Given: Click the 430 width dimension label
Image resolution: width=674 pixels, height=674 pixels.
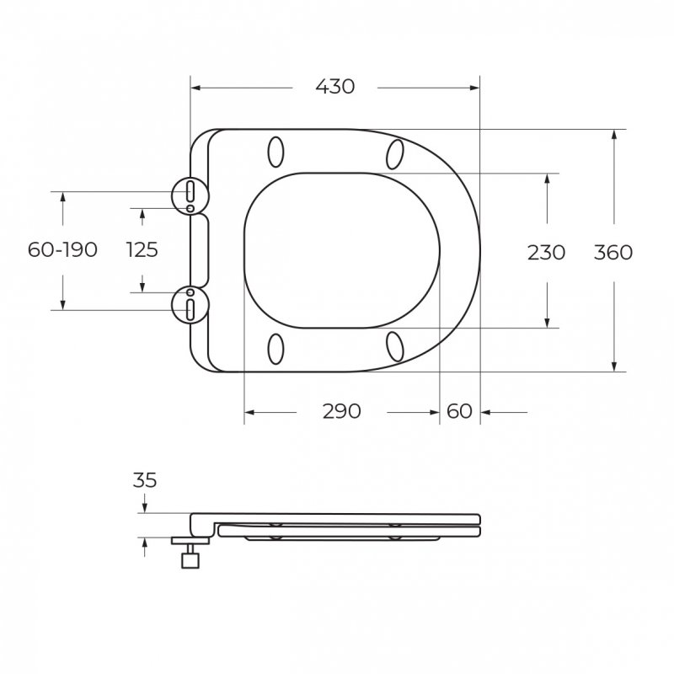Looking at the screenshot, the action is tap(334, 87).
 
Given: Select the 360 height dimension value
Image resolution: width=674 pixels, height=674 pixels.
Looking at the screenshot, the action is tap(613, 252).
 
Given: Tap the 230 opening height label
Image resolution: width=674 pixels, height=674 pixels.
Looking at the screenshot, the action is tap(546, 252).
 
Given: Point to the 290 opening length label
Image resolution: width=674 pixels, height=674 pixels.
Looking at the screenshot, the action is tap(342, 411).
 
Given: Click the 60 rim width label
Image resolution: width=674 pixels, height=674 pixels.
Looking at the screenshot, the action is tap(459, 411).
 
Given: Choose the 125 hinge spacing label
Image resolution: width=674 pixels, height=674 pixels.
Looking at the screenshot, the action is tap(142, 249).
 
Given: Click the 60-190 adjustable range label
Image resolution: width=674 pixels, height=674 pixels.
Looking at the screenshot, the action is tap(62, 249).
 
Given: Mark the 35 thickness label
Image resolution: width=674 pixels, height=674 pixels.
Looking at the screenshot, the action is tap(145, 480).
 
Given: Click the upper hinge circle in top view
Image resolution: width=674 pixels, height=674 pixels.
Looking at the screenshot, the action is tap(172, 195).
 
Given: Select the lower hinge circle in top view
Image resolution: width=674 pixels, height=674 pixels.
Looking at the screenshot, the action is tap(172, 304).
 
